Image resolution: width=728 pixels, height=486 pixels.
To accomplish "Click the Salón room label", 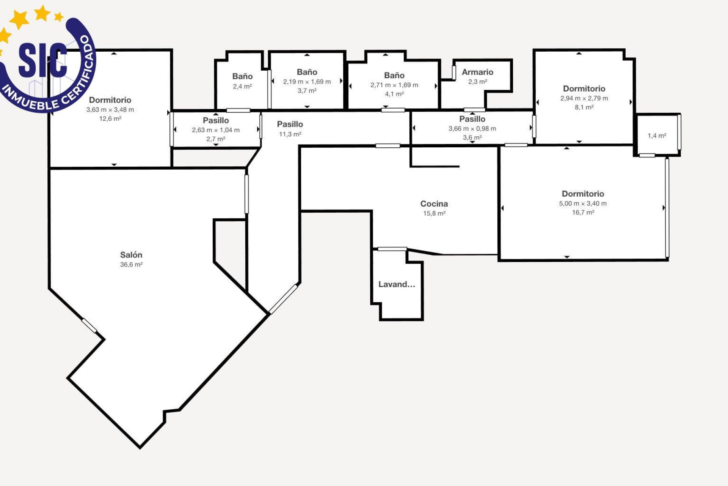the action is pyautogui.click(x=131, y=255).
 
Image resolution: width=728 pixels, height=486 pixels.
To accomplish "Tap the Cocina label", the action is pyautogui.click(x=434, y=204).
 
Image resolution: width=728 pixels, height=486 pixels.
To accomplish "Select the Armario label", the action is pyautogui.click(x=477, y=72).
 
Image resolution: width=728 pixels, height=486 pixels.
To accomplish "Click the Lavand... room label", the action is pyautogui.click(x=397, y=284).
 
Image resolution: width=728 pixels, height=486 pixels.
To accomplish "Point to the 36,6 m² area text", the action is pyautogui.click(x=131, y=265).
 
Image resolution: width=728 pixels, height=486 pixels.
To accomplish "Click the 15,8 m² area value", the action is pyautogui.click(x=434, y=213).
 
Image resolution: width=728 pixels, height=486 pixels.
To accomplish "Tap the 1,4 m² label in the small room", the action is pyautogui.click(x=657, y=136).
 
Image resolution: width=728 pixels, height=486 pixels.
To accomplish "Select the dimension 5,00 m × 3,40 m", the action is pyautogui.click(x=583, y=204).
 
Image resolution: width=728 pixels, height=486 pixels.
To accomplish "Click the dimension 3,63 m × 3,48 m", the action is pyautogui.click(x=110, y=110).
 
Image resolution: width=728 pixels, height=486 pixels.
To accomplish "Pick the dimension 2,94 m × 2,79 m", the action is pyautogui.click(x=584, y=98).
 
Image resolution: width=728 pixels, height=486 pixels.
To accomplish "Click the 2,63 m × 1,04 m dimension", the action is pyautogui.click(x=216, y=130).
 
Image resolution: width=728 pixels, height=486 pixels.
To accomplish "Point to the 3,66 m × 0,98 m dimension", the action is pyautogui.click(x=472, y=129).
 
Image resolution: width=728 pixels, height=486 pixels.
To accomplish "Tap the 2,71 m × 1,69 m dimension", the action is pyautogui.click(x=394, y=85).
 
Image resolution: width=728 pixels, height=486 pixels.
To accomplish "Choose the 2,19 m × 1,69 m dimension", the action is pyautogui.click(x=307, y=82).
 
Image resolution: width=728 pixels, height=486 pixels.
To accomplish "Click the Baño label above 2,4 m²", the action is pyautogui.click(x=242, y=76).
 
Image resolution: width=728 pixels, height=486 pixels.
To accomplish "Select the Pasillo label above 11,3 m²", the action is pyautogui.click(x=290, y=124).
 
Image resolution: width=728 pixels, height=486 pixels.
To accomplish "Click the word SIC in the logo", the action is pyautogui.click(x=42, y=60).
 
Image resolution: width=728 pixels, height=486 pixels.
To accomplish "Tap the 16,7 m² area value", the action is pyautogui.click(x=583, y=213).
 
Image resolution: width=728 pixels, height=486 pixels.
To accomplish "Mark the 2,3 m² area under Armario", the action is pyautogui.click(x=477, y=82).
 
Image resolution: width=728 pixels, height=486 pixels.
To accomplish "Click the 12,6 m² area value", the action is pyautogui.click(x=110, y=119).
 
